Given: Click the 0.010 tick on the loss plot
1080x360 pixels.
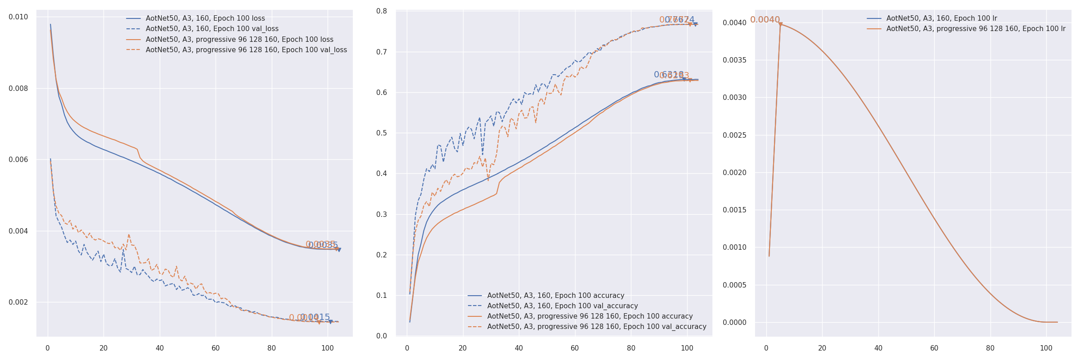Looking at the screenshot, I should [x=18, y=17].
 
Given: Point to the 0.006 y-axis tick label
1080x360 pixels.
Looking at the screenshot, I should [x=18, y=160].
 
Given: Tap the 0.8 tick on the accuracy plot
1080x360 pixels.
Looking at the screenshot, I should [x=382, y=11].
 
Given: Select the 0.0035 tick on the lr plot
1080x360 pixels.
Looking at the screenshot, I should [x=734, y=60].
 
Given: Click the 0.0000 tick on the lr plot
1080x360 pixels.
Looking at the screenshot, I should [x=734, y=323].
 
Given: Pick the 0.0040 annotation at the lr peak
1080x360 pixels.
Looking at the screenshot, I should [x=765, y=20].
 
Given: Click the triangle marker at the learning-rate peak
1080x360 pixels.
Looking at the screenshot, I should [x=780, y=24].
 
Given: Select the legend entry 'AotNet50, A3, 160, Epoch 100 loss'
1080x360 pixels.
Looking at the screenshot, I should [x=205, y=18].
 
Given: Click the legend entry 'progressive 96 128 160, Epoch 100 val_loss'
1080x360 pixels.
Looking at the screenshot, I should [x=246, y=50].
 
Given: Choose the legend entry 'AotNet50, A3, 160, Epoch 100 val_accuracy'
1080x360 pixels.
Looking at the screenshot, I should [x=562, y=306].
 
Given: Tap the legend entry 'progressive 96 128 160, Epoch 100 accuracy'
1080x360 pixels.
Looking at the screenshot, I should [x=590, y=316].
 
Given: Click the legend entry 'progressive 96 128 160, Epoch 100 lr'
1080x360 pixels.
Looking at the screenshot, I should [x=976, y=29].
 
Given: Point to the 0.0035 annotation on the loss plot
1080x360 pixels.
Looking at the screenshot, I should [x=323, y=245].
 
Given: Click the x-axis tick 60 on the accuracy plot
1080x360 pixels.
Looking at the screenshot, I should [x=575, y=348].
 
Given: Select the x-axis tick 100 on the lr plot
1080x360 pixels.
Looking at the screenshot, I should [x=1046, y=348].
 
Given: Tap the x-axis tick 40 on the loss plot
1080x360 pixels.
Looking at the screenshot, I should [x=160, y=348].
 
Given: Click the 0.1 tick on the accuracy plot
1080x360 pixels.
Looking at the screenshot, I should [x=382, y=296].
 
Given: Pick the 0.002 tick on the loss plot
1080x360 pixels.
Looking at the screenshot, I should [x=18, y=302].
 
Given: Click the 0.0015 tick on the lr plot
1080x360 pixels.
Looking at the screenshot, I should [x=734, y=210].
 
